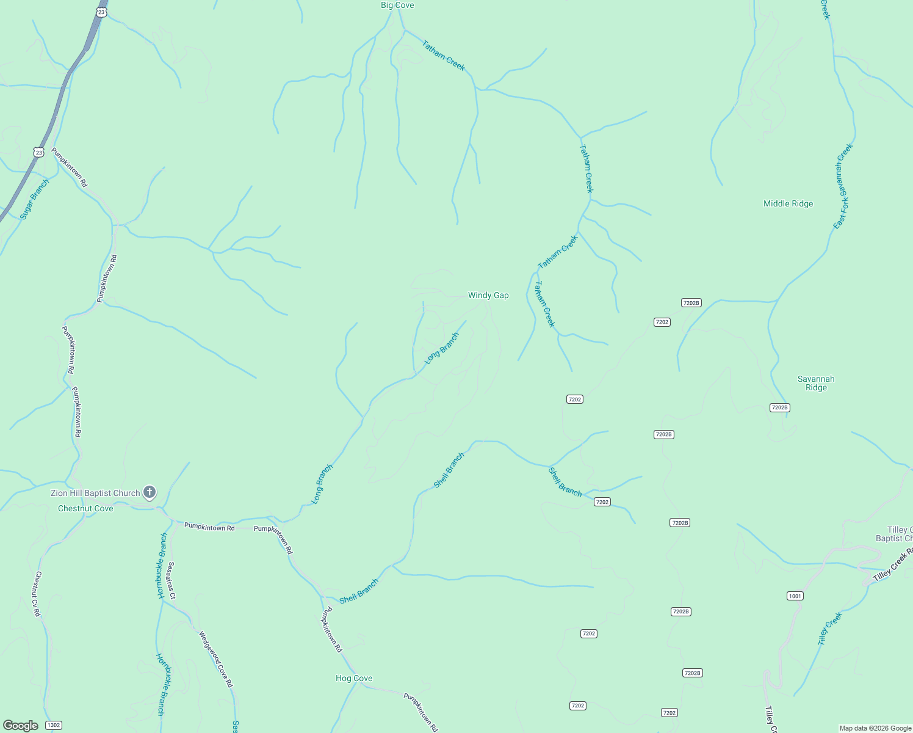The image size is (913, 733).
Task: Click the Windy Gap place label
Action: click(x=488, y=295)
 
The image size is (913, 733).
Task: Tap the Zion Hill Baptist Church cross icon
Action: click(x=150, y=492)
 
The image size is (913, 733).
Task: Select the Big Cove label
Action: click(x=397, y=5)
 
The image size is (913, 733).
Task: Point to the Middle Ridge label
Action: click(x=788, y=203)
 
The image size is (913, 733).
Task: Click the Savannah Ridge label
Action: click(x=816, y=383)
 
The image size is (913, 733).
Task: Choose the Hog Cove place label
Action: click(x=354, y=678)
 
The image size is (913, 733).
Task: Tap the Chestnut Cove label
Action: click(x=85, y=508)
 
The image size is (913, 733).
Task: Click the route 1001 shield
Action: click(x=795, y=596)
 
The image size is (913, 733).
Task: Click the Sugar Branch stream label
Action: click(x=34, y=199)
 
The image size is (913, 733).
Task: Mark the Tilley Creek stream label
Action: click(x=830, y=628)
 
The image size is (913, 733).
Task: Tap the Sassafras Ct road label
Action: click(x=172, y=580)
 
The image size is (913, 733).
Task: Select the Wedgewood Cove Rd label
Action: click(x=216, y=658)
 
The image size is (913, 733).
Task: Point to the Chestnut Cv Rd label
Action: click(x=37, y=594)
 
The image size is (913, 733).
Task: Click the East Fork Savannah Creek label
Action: click(x=843, y=186)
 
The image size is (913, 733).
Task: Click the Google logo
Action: click(x=21, y=726)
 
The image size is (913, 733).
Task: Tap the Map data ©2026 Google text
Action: click(x=875, y=728)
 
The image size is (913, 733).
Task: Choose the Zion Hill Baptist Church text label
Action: click(x=95, y=493)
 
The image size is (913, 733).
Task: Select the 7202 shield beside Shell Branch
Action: click(x=602, y=502)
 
